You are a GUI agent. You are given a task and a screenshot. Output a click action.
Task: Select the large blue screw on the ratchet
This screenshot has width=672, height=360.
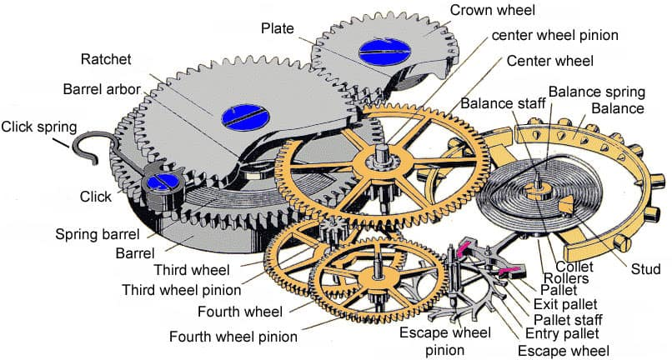point(243,116)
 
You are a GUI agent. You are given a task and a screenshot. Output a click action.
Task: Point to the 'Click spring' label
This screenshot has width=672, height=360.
point(39,127)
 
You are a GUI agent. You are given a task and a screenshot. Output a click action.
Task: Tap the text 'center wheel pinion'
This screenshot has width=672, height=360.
point(554,35)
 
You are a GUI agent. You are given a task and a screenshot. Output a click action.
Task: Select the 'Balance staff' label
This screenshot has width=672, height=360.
point(498,102)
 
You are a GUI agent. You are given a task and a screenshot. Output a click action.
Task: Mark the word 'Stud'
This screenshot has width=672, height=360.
point(645,268)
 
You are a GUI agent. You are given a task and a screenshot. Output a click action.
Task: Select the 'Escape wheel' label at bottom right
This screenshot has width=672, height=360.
point(563,350)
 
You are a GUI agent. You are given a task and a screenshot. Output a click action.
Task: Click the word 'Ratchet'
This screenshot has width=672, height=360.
point(108,59)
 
